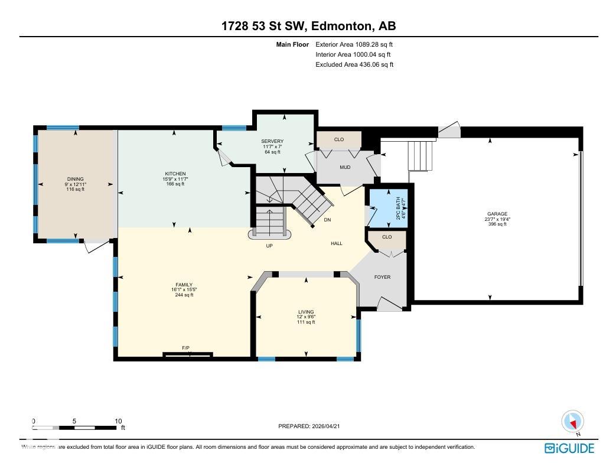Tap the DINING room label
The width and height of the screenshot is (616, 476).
click(x=75, y=179)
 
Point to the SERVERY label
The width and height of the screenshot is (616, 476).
click(x=272, y=141)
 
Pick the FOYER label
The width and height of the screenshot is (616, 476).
click(x=382, y=277)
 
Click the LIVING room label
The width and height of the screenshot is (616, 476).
click(x=306, y=312)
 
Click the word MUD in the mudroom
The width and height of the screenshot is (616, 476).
click(x=345, y=167)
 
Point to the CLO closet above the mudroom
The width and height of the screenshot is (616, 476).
click(x=338, y=140)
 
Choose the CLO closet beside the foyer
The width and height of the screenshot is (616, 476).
click(x=387, y=237)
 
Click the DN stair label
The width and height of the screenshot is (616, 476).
click(x=327, y=220)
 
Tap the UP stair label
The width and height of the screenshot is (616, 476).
click(x=269, y=246)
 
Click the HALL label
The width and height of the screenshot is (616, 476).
click(x=336, y=243)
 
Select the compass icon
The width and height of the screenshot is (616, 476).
click(x=572, y=422)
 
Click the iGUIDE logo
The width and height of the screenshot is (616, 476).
click(x=569, y=448)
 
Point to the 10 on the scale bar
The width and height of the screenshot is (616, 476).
click(x=118, y=421)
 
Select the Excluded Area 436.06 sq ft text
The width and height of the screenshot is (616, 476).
click(x=354, y=64)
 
